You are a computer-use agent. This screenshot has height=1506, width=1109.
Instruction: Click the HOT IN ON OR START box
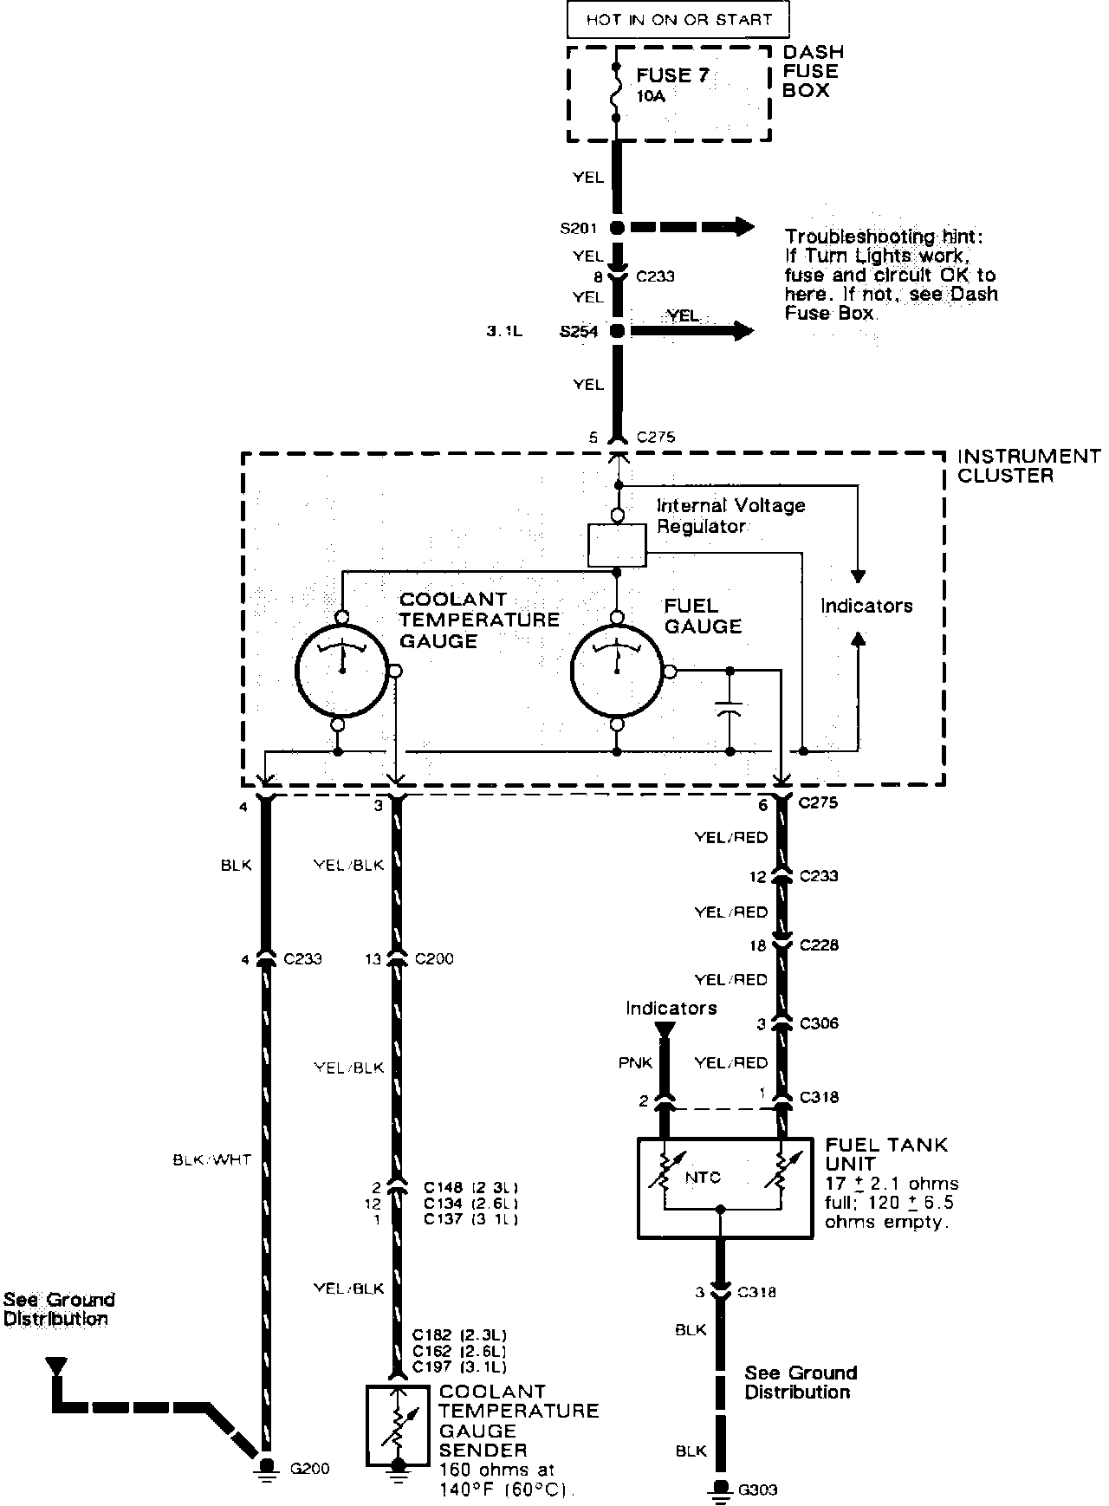point(678,19)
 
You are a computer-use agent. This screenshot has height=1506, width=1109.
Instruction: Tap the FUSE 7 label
point(672,75)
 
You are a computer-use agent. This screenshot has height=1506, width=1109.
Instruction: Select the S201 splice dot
point(617,228)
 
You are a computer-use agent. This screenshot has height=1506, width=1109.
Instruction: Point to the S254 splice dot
point(617,331)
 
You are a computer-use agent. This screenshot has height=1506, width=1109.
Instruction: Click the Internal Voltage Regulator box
point(616,545)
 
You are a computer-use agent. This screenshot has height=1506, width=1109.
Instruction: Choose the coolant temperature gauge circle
point(340,670)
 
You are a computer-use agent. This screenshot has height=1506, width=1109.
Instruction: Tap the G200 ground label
point(310,1468)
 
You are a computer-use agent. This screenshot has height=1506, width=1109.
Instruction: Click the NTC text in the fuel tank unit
point(702,1178)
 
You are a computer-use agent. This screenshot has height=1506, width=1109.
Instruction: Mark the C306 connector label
point(819,1023)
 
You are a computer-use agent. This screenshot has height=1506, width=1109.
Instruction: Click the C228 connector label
point(819,944)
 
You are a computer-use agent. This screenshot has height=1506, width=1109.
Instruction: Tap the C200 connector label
point(434,958)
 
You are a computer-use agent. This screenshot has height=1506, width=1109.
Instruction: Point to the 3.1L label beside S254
point(504,331)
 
